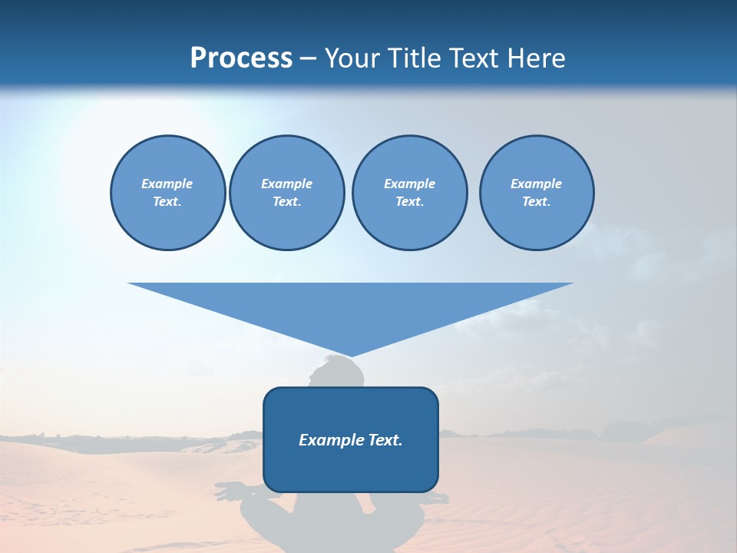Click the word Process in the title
pyautogui.click(x=241, y=58)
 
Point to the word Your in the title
pyautogui.click(x=353, y=58)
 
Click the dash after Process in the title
pyautogui.click(x=308, y=59)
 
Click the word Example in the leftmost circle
pyautogui.click(x=167, y=184)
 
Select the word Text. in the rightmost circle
pyautogui.click(x=537, y=202)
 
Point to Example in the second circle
pyautogui.click(x=286, y=184)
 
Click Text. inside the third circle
pyautogui.click(x=409, y=202)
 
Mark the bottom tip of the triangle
pyautogui.click(x=351, y=356)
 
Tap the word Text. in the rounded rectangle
pyautogui.click(x=385, y=440)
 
